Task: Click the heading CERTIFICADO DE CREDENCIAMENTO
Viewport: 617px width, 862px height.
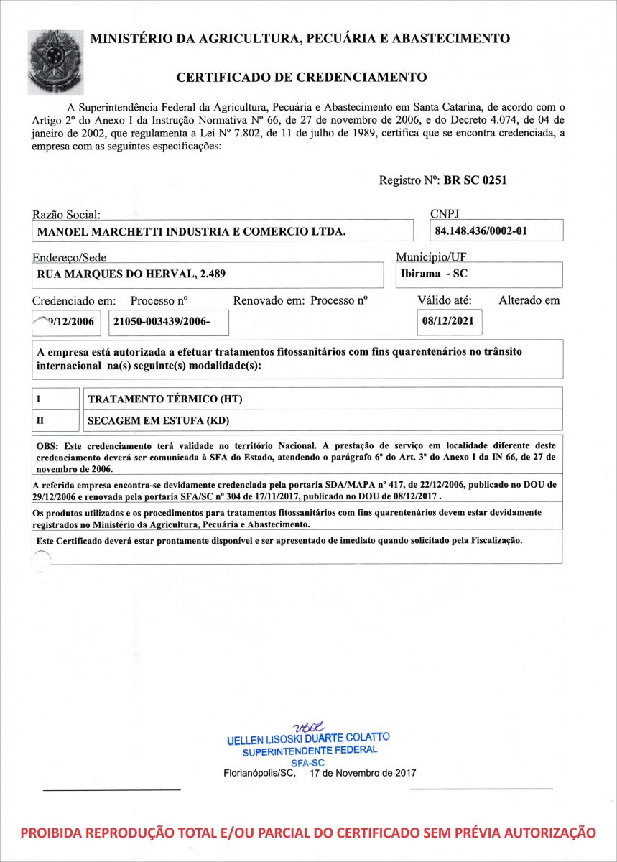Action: (x=302, y=78)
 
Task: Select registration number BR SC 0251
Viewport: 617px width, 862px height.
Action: (x=475, y=180)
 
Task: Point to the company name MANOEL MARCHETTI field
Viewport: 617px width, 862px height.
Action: (x=191, y=231)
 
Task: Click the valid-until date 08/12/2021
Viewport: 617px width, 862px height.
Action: (x=449, y=321)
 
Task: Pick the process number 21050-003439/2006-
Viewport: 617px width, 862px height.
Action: (x=162, y=322)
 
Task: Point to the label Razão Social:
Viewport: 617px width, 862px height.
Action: (x=66, y=215)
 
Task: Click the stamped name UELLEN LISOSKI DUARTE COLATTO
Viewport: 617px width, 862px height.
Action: (x=308, y=738)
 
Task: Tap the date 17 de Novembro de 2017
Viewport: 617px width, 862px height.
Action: (x=363, y=774)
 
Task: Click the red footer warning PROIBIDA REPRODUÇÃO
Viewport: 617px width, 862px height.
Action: (x=308, y=833)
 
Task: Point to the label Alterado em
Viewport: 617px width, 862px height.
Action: (x=529, y=300)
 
